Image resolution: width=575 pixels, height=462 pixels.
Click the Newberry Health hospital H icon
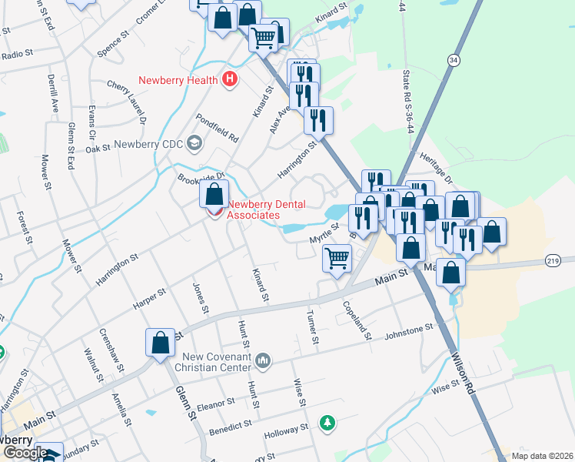point(228,80)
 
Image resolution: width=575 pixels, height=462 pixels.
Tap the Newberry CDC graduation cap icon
point(194,143)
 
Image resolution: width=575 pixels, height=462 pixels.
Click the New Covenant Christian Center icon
point(264,360)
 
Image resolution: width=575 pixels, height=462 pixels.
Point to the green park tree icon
point(328,422)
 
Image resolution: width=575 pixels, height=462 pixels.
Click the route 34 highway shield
point(454,59)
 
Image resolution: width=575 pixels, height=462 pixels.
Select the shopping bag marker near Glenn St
point(160,341)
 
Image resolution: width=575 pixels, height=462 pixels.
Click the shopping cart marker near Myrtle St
point(337,258)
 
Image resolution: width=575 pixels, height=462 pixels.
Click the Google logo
point(25,453)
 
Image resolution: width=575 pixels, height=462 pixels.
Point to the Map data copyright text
point(542,455)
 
